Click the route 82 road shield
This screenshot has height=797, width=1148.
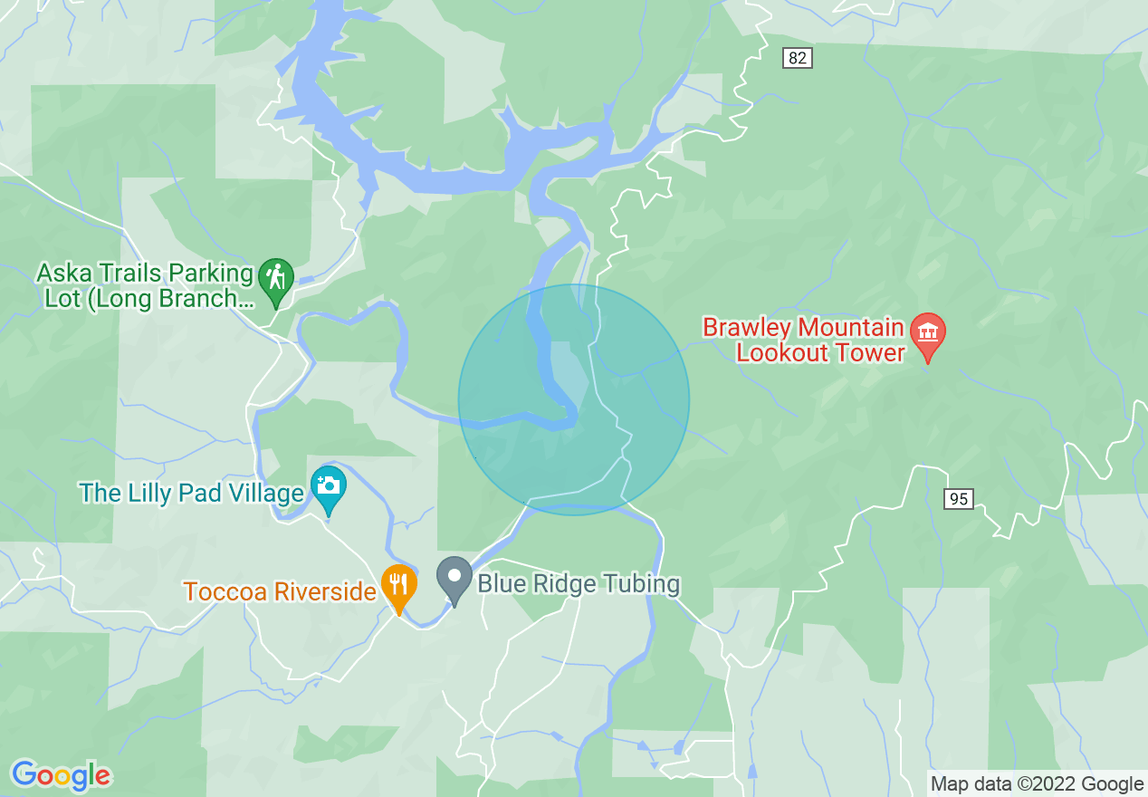click(x=797, y=58)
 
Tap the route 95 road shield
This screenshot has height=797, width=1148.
click(x=960, y=498)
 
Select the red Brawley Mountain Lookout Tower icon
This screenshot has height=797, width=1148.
click(x=927, y=332)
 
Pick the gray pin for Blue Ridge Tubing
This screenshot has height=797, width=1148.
click(x=454, y=577)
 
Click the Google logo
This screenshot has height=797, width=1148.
click(x=61, y=775)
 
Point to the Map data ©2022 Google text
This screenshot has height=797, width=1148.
click(x=1038, y=784)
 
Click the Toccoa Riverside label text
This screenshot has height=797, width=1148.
click(x=280, y=592)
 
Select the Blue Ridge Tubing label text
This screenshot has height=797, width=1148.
click(x=579, y=583)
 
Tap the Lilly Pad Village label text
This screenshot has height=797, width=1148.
click(x=191, y=494)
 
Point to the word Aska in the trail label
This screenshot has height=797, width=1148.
click(x=62, y=273)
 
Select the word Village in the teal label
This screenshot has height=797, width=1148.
click(x=262, y=494)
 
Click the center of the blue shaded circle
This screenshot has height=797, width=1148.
click(x=574, y=399)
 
